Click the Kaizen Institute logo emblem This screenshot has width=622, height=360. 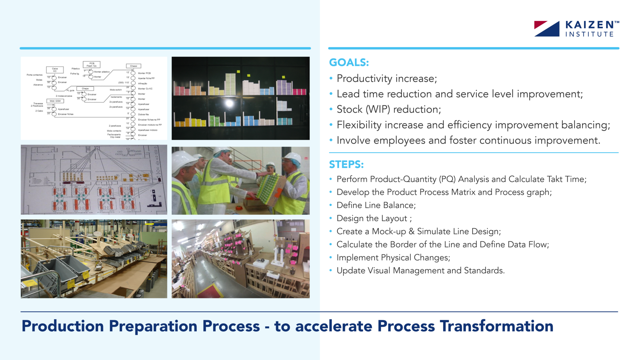click(547, 29)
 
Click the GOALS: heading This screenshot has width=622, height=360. click(349, 62)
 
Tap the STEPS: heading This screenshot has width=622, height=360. click(346, 164)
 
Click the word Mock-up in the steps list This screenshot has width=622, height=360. click(389, 231)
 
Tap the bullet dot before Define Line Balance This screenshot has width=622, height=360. click(331, 205)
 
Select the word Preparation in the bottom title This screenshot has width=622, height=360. click(153, 326)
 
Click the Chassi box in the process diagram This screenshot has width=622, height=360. click(134, 66)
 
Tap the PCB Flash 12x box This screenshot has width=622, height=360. click(91, 64)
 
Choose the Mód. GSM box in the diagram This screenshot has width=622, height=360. click(55, 101)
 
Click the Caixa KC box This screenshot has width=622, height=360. click(55, 70)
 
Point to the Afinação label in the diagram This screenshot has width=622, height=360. click(142, 84)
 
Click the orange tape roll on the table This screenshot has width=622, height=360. click(239, 207)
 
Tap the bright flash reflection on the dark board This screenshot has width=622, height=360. click(230, 104)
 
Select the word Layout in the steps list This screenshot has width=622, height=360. click(394, 218)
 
